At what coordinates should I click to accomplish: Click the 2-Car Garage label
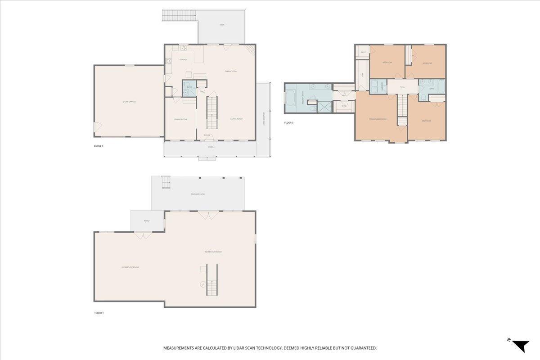[x=129, y=102]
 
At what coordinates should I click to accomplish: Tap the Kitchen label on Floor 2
[x=183, y=59]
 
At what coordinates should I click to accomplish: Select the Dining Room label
[x=180, y=119]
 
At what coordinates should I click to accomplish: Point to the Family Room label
[x=231, y=72]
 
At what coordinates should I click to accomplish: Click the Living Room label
[x=236, y=119]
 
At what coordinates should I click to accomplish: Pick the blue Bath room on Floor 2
[x=189, y=88]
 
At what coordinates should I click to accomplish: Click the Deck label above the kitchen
[x=222, y=25]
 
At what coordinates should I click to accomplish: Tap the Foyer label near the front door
[x=207, y=135]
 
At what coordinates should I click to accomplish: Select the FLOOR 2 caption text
[x=99, y=146]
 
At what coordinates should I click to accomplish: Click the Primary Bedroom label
[x=378, y=119]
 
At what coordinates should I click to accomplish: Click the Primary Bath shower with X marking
[x=324, y=106]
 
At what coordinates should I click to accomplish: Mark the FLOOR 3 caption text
[x=288, y=123]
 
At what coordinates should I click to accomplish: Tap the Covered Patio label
[x=198, y=194]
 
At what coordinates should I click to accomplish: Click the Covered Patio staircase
[x=166, y=182]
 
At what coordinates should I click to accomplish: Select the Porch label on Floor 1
[x=147, y=221]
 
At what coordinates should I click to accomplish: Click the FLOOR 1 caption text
[x=99, y=313]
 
